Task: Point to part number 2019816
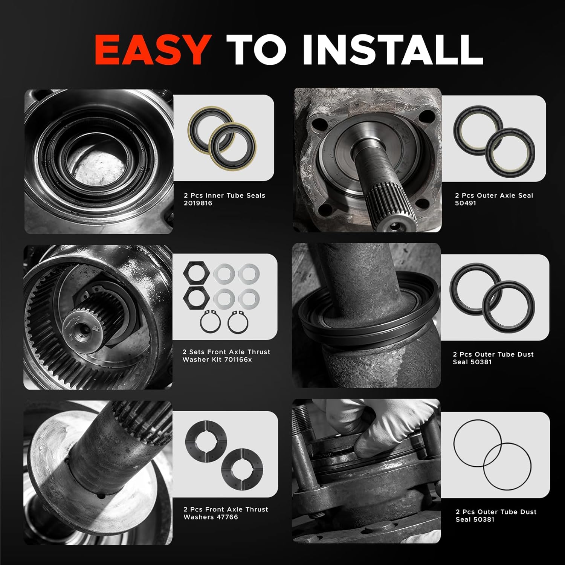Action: [x=198, y=203]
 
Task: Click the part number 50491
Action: [x=466, y=203]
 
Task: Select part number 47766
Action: [x=227, y=517]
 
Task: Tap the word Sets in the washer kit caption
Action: [x=203, y=352]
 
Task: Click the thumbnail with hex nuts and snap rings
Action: [x=224, y=298]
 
